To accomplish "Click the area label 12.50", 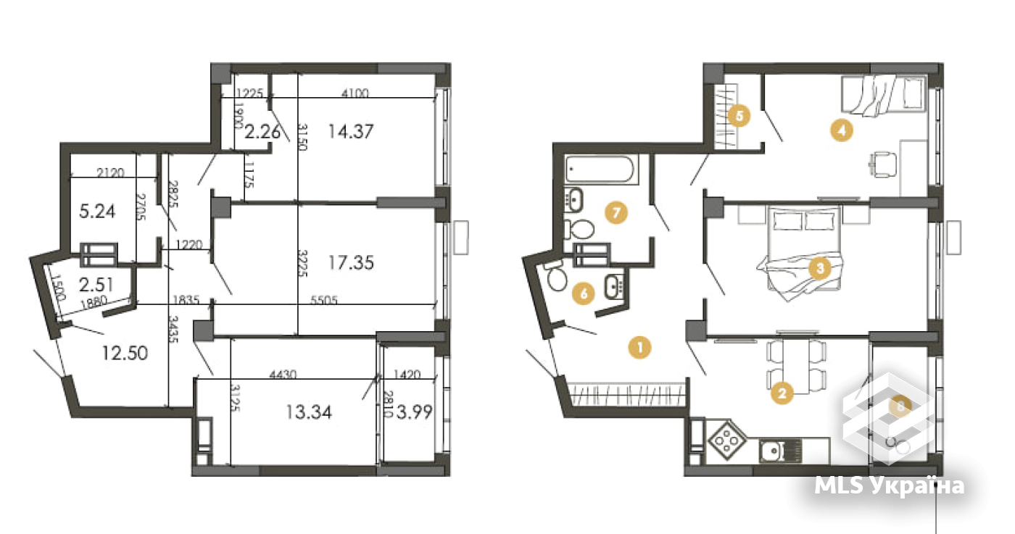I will (125, 354).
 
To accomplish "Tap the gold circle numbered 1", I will (639, 348).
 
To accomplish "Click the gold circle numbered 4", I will (841, 131).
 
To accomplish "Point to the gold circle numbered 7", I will (616, 213).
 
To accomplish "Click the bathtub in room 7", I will (601, 170).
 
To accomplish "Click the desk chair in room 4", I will (882, 163).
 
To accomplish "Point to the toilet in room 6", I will (557, 278).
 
